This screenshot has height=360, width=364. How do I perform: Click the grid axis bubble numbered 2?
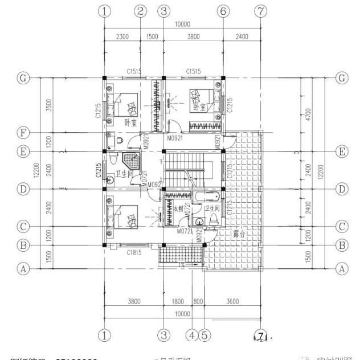[x=141, y=11]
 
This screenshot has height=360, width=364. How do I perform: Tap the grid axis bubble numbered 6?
[x=223, y=11]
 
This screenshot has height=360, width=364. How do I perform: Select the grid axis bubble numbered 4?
[x=193, y=335]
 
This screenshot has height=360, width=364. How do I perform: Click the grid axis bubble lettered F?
[x=23, y=133]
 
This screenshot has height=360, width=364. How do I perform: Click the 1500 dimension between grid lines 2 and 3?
[x=152, y=36]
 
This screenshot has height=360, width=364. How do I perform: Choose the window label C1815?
[x=134, y=252]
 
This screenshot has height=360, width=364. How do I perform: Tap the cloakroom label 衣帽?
[x=178, y=210]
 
